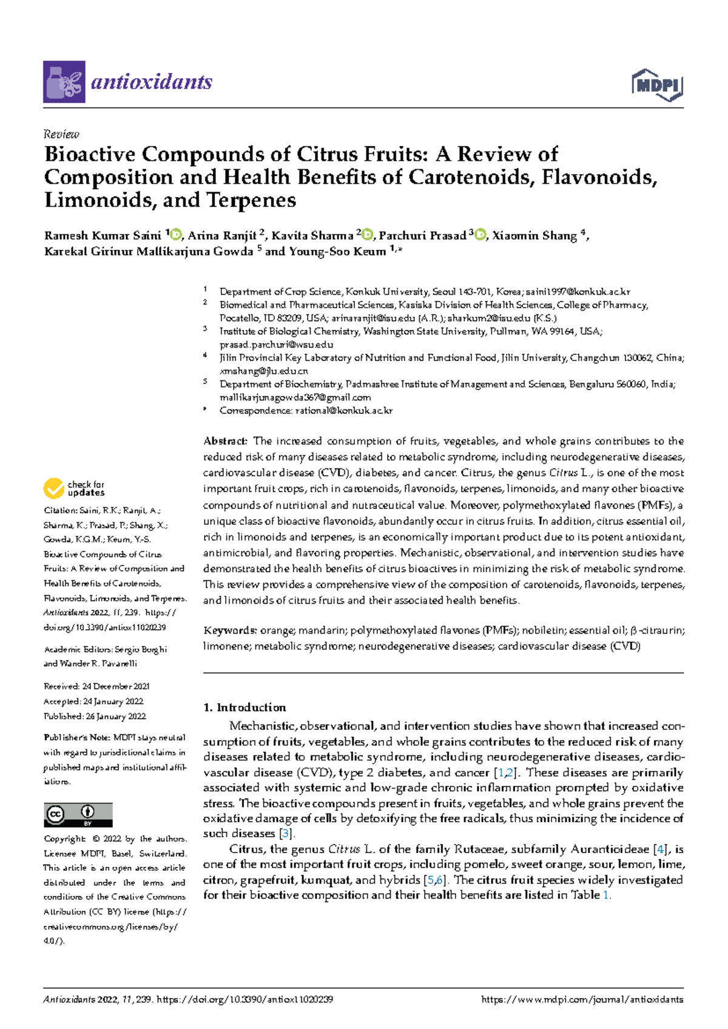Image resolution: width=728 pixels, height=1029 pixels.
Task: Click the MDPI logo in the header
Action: pos(658,84)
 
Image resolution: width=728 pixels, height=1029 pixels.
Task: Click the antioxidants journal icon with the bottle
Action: pos(64,82)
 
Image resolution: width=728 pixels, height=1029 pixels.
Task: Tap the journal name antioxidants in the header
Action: pos(151,82)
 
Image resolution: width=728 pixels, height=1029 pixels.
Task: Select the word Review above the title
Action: pos(61,134)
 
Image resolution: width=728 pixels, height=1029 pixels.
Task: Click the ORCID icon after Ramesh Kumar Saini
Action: pos(177,235)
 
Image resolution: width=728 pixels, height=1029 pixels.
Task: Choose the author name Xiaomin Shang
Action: pos(534,235)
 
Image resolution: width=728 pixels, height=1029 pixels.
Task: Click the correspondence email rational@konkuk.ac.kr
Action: pos(343,411)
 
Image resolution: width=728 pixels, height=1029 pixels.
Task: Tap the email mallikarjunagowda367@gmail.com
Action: pos(295,397)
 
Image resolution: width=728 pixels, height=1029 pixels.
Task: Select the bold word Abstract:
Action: pos(225,441)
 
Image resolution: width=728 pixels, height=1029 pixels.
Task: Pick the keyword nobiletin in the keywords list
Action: pos(543,630)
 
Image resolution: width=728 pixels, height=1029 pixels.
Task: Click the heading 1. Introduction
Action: pos(244,707)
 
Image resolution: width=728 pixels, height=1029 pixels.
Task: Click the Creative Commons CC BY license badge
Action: pos(78,814)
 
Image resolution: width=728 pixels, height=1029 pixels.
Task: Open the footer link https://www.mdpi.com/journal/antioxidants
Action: pos(581,999)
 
